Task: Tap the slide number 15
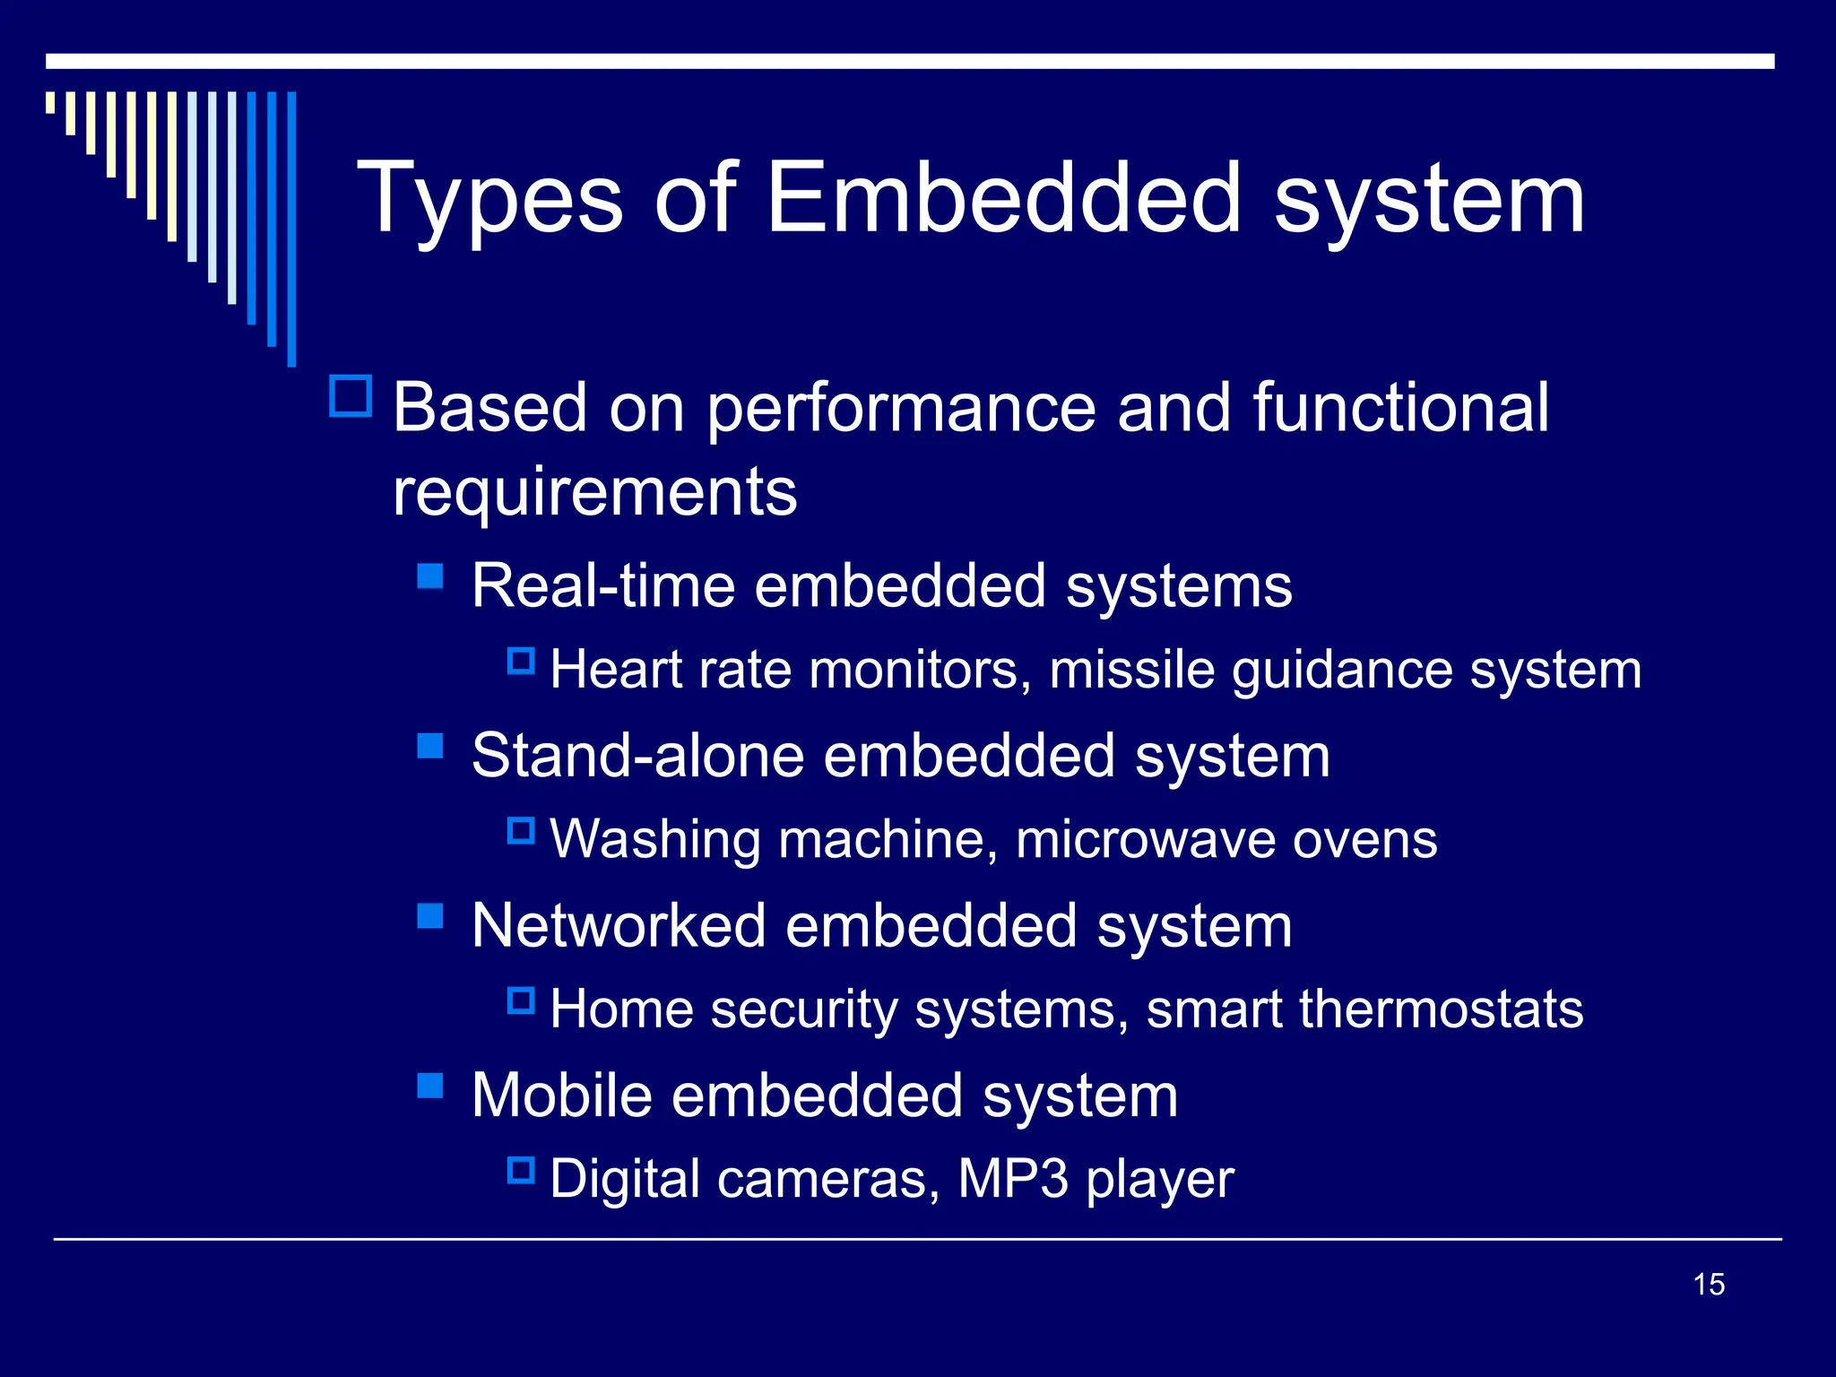[x=1709, y=1284]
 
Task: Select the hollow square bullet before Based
[x=351, y=396]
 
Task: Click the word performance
[x=901, y=409]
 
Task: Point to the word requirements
[x=594, y=491]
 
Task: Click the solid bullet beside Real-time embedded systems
[x=430, y=576]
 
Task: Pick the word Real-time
[x=602, y=585]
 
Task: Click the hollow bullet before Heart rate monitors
[x=521, y=662]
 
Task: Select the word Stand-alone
[x=637, y=755]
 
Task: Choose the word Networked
[x=619, y=925]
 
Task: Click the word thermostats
[x=1441, y=1009]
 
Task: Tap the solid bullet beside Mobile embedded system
[x=430, y=1086]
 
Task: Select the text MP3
[x=1012, y=1178]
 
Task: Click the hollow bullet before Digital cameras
[x=521, y=1170]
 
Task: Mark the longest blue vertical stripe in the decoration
[x=291, y=229]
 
